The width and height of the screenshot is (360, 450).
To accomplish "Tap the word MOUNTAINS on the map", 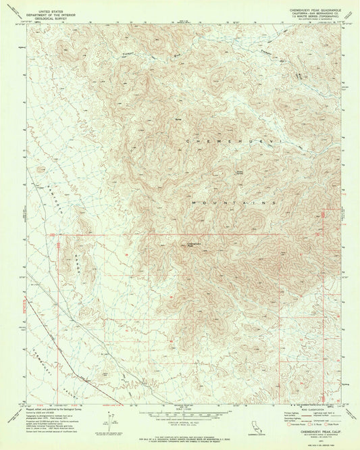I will pos(234,202).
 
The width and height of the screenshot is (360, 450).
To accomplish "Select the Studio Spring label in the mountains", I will pos(238,172).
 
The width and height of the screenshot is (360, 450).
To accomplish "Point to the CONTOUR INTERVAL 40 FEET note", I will pos(180,422).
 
